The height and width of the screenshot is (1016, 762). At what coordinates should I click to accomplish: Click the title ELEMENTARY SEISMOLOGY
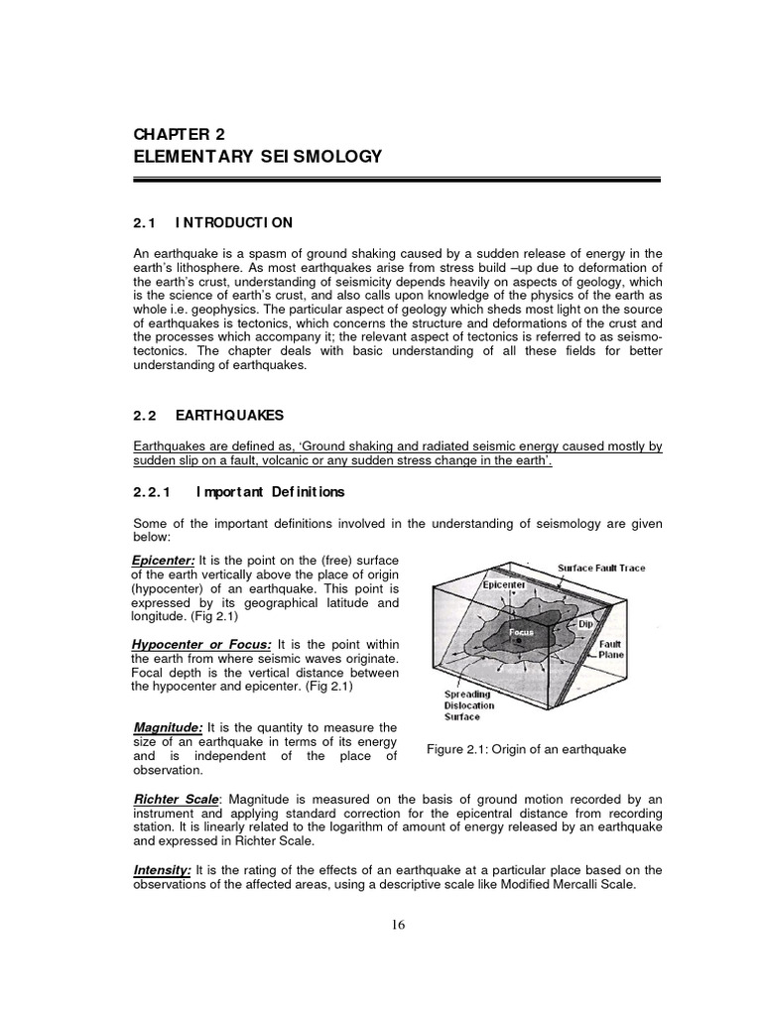(256, 157)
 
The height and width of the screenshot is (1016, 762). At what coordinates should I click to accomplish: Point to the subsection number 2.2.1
(153, 491)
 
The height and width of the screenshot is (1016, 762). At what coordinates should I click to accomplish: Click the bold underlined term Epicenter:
(164, 561)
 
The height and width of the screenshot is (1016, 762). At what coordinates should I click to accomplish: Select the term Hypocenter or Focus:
(202, 645)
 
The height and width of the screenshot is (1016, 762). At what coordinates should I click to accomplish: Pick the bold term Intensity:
(163, 870)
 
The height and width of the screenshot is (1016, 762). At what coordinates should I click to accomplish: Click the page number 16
(398, 925)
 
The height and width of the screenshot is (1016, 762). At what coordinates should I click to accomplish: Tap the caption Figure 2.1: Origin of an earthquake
(526, 749)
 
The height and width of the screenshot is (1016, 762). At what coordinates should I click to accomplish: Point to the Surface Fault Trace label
(601, 569)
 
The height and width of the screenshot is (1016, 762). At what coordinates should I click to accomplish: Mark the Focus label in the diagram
(522, 631)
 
